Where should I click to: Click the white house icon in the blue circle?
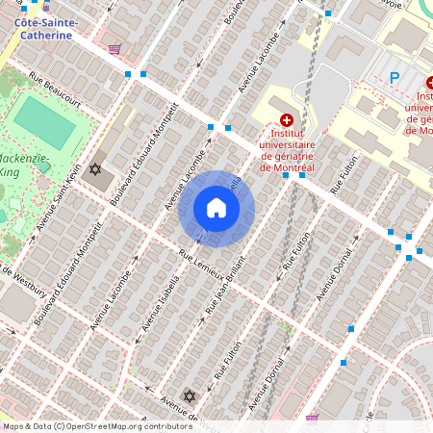[216, 208]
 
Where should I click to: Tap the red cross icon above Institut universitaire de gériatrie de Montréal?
[286, 120]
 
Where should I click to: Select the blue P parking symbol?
[393, 78]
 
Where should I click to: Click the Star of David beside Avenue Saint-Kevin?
[94, 170]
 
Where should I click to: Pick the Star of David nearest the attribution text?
[190, 396]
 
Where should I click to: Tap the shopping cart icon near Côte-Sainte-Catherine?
[115, 49]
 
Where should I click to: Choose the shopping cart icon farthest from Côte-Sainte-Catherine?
[312, 419]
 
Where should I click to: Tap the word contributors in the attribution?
[165, 426]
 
